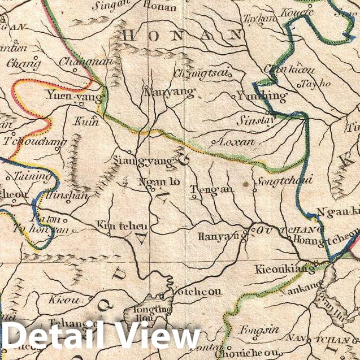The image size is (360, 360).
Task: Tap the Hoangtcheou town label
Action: [x=326, y=238]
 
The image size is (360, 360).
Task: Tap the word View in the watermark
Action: [x=158, y=337]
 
